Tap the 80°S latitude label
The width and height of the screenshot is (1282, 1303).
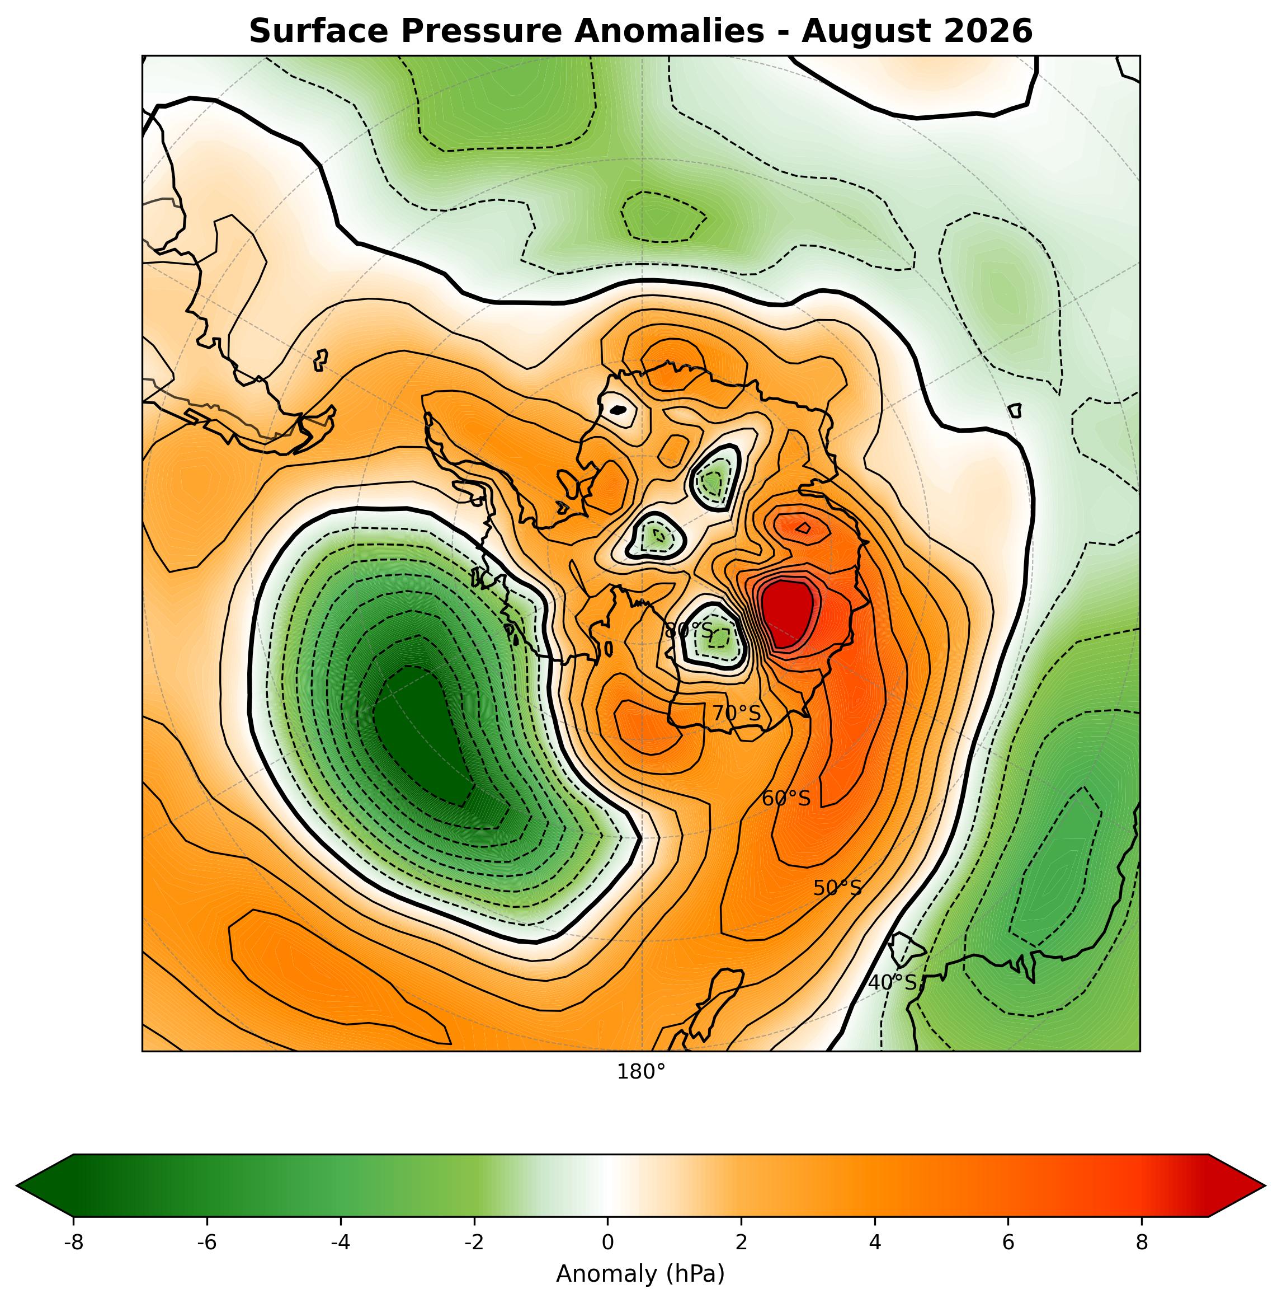[x=688, y=631]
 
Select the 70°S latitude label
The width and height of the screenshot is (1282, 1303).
[x=736, y=713]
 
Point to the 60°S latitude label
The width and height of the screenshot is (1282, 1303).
[x=786, y=798]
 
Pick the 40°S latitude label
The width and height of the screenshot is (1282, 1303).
[x=892, y=982]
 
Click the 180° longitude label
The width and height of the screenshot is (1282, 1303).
[x=641, y=1071]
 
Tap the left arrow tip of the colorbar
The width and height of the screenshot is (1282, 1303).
[x=17, y=1184]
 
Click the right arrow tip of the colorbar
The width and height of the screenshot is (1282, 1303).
[x=1265, y=1184]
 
